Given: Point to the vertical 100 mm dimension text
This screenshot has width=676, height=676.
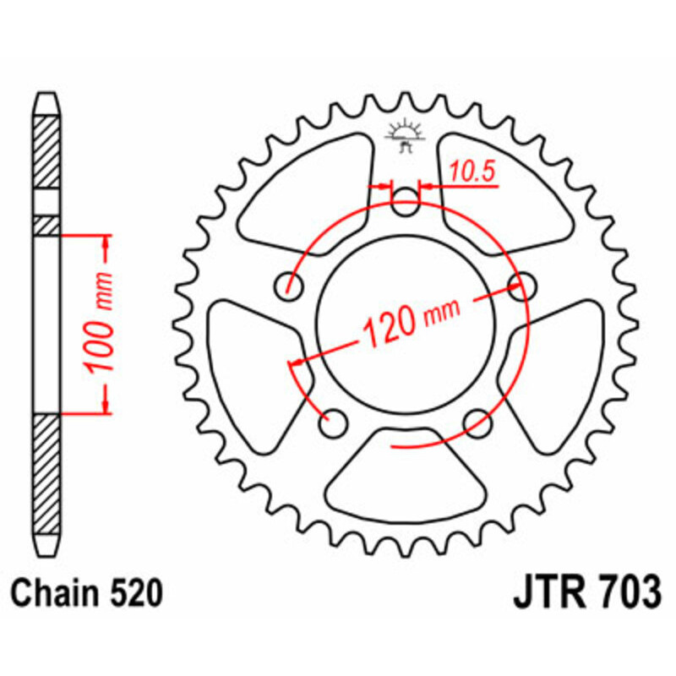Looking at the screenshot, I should (x=101, y=324).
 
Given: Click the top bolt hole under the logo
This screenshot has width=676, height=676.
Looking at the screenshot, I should (x=406, y=201).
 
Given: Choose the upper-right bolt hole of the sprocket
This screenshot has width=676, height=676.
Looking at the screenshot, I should (x=521, y=283).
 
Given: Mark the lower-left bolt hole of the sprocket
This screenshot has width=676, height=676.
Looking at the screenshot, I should (x=334, y=420).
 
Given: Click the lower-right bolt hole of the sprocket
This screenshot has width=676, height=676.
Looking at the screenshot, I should (x=477, y=419).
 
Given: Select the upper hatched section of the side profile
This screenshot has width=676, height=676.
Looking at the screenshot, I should (x=46, y=152).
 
